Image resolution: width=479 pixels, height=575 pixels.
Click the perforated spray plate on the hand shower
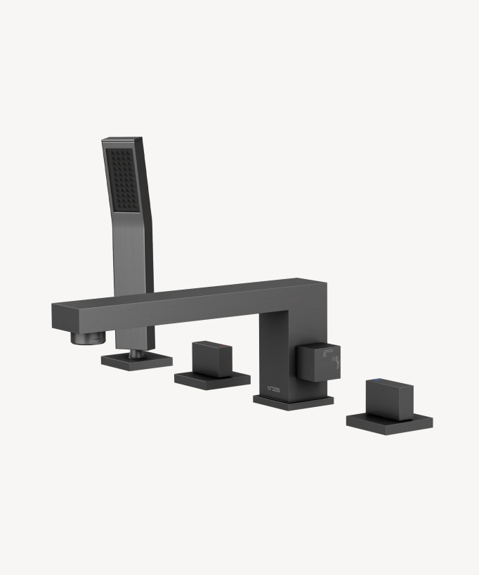point(123,180)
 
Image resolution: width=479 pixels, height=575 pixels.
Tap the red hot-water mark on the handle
point(223,348)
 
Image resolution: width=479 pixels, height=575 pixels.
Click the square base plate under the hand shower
point(136,361)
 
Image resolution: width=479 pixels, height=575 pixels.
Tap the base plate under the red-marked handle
point(211,380)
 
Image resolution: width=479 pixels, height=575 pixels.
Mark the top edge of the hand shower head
point(122,139)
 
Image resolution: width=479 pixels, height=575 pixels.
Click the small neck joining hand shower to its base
point(136,349)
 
